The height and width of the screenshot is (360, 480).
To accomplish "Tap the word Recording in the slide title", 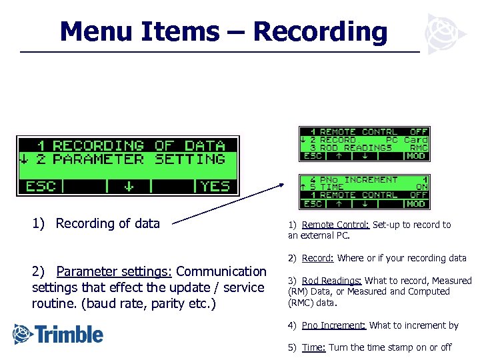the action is coord(320,31).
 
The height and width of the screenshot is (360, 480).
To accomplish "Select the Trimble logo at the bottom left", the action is coord(59,333).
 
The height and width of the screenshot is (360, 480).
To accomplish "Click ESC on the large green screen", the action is coord(41,186).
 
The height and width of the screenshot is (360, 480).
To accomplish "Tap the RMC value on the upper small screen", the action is coord(417,148).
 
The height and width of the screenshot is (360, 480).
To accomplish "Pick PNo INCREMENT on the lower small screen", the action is coord(358,180).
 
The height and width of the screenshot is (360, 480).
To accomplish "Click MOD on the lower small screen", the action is coord(416,203).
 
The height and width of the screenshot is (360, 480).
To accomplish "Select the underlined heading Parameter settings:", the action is coord(115,271).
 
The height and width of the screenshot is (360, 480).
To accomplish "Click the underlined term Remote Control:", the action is coord(336,225).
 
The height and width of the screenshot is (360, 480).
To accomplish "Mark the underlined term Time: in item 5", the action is coord(313,347).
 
